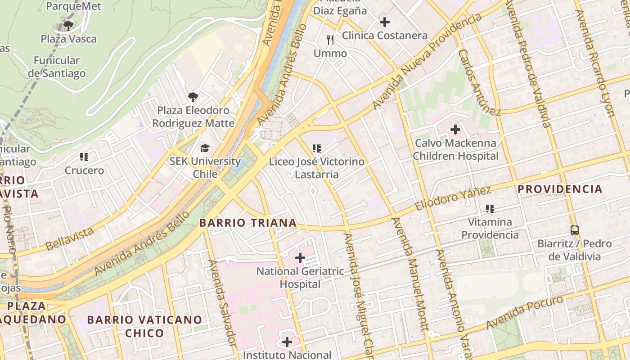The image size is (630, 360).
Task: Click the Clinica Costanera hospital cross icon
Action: tap(385, 22)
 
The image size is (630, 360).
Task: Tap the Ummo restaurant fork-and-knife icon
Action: tap(330, 40)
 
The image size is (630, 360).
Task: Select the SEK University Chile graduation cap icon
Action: tap(205, 148)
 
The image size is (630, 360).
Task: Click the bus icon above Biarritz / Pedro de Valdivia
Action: tap(575, 230)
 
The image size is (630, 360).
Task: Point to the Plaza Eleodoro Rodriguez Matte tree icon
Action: tap(193, 97)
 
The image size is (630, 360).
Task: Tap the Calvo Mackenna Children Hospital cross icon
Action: tap(455, 130)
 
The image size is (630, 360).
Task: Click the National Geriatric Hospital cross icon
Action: tap(300, 258)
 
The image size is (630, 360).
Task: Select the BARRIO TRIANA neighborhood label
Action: tap(248, 223)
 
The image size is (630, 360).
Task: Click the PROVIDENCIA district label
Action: tap(560, 189)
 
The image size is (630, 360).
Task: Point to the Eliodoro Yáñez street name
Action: tap(452, 198)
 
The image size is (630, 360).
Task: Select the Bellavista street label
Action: tap(70, 238)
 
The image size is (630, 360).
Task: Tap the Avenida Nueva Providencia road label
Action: tap(427, 61)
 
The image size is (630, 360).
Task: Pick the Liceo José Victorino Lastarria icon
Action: tap(316, 148)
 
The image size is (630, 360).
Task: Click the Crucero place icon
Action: tap(84, 157)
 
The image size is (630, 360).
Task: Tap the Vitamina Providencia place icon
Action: tap(490, 209)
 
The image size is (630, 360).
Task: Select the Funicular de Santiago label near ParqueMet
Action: tap(57, 67)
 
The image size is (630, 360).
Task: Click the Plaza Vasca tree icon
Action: tap(68, 25)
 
